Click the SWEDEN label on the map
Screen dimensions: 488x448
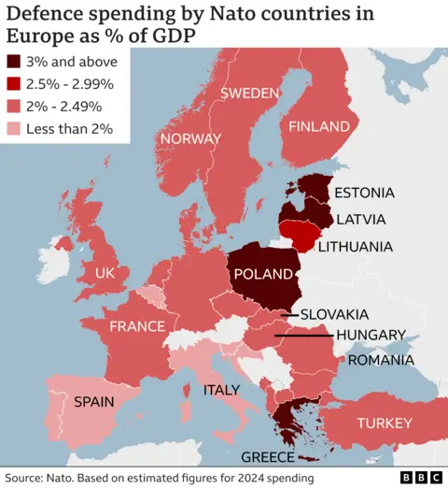250,93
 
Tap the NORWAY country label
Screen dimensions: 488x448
190,138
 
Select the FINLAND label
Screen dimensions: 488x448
319,126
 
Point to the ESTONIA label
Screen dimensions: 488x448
364,194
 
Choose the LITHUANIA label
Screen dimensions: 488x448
355,248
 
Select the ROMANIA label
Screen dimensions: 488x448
382,360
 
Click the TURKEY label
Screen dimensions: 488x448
384,423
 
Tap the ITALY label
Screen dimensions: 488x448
222,390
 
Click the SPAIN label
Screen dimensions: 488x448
94,402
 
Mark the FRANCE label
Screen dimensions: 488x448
137,326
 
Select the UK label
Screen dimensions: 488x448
105,273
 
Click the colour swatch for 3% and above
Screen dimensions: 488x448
16,62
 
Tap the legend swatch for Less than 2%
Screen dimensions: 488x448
16,128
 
